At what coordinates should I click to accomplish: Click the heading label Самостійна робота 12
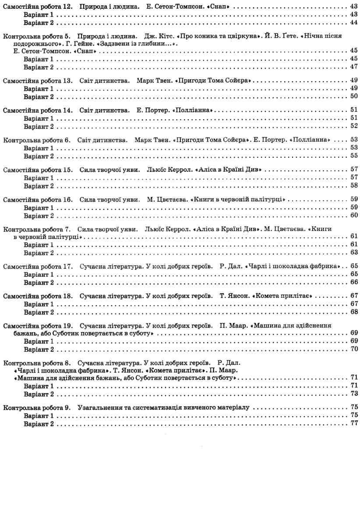[x=37, y=7]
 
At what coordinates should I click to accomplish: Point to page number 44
[x=354, y=23]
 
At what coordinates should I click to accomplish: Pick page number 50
[x=354, y=96]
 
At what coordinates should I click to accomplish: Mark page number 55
[x=354, y=156]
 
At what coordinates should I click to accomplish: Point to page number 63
[x=354, y=252]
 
